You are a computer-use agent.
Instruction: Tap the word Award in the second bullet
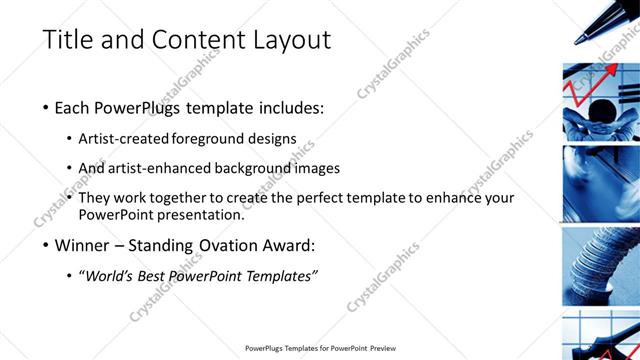click(295, 244)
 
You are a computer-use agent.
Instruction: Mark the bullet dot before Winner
click(47, 244)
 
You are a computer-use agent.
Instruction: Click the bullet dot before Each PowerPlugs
click(47, 107)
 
